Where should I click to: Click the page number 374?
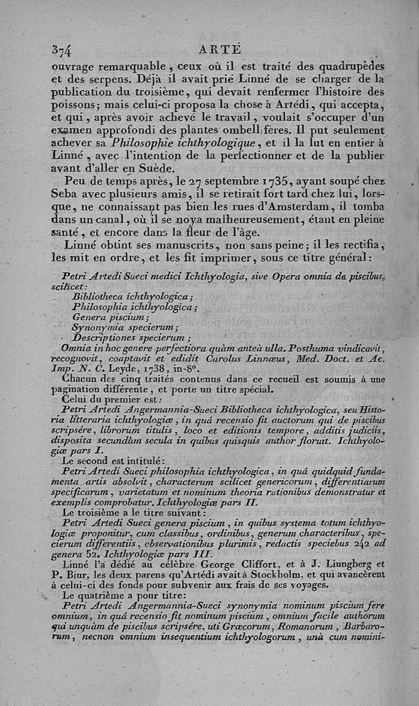[x=62, y=49]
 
